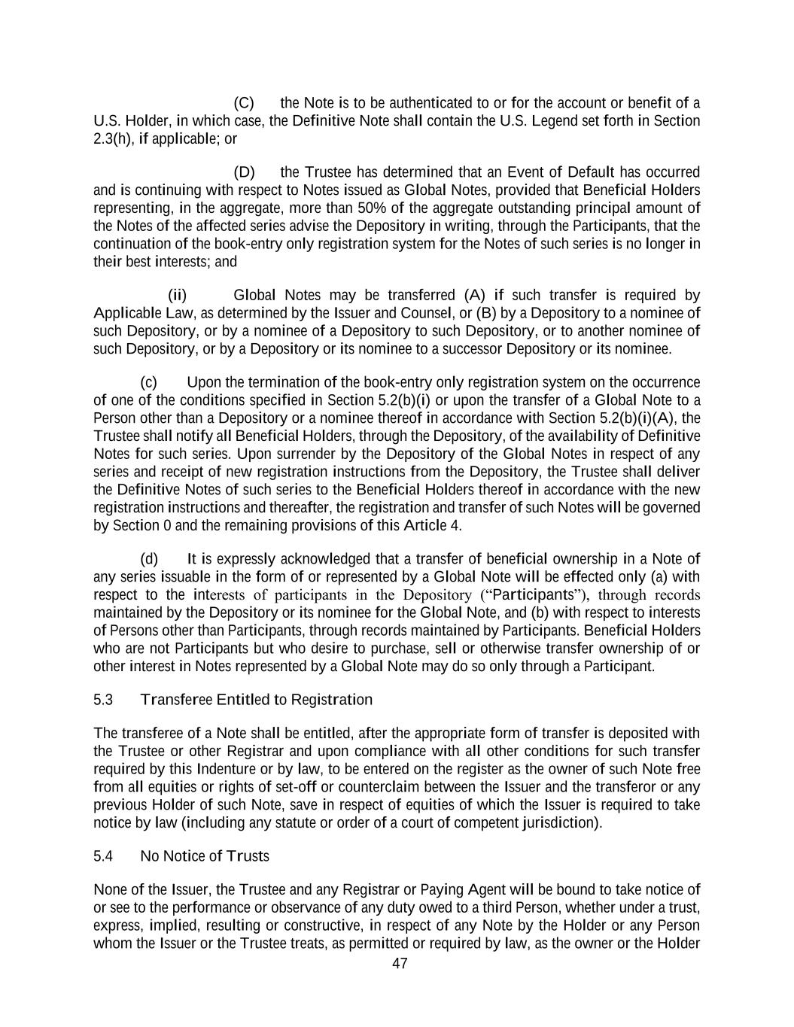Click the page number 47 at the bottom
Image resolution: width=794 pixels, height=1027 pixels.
tap(400, 964)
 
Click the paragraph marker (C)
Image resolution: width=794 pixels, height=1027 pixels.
tap(244, 103)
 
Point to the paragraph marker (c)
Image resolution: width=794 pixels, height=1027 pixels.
tap(148, 382)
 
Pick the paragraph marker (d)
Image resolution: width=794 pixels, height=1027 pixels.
tap(149, 559)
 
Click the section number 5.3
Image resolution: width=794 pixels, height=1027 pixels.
tap(103, 700)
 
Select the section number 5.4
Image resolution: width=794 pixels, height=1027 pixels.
tap(103, 857)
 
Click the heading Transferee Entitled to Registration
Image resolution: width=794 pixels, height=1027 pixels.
tap(256, 700)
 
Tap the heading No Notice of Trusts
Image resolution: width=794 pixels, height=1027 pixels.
tap(204, 857)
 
